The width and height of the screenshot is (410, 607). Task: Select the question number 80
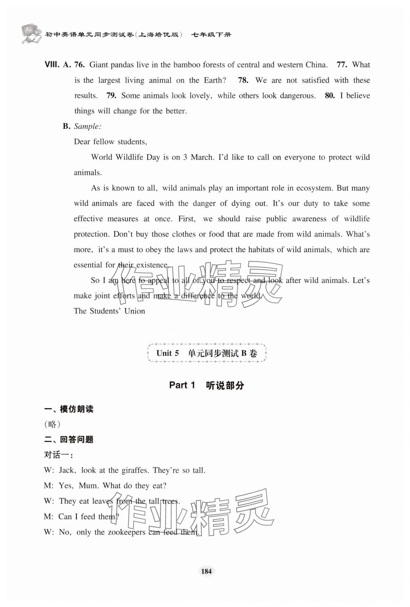[330, 95]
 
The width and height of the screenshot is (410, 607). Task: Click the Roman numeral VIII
[51, 65]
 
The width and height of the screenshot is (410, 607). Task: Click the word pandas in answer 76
[122, 65]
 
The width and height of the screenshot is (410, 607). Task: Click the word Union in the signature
[134, 311]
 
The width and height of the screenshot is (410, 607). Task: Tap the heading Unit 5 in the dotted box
[168, 353]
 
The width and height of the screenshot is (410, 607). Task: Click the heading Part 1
[182, 385]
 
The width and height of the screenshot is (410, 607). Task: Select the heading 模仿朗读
[76, 409]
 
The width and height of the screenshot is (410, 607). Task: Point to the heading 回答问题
[76, 439]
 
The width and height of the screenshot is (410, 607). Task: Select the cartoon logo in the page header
[31, 33]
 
